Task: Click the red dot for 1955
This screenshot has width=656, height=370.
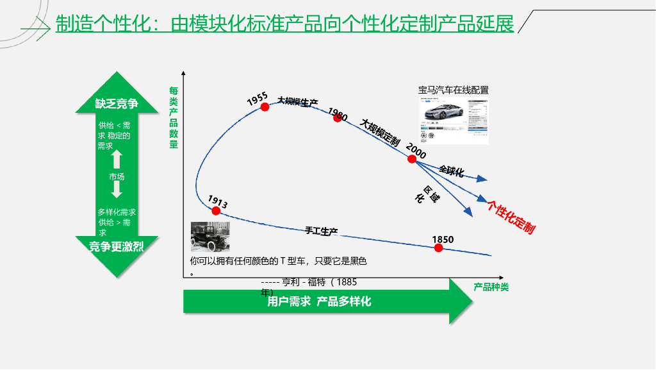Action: tap(265, 107)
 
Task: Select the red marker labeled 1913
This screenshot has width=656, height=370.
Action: tap(216, 210)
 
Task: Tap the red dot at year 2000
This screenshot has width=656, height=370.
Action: tap(412, 158)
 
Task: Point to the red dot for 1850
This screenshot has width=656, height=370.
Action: tap(439, 248)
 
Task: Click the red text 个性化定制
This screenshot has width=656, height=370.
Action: tap(511, 217)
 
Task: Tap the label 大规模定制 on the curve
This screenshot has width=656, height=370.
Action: tap(380, 132)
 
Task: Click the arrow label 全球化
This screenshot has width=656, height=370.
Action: tap(452, 171)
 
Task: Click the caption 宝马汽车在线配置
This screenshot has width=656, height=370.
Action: tap(454, 90)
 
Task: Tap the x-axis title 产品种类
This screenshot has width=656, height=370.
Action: tap(491, 287)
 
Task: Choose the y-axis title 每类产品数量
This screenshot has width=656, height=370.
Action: tap(174, 118)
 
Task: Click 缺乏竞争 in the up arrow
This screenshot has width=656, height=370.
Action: tap(117, 104)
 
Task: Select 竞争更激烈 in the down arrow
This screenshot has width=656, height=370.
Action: tap(117, 247)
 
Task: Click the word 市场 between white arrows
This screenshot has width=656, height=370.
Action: tap(117, 176)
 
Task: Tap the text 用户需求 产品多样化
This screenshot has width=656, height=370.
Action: tap(319, 301)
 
